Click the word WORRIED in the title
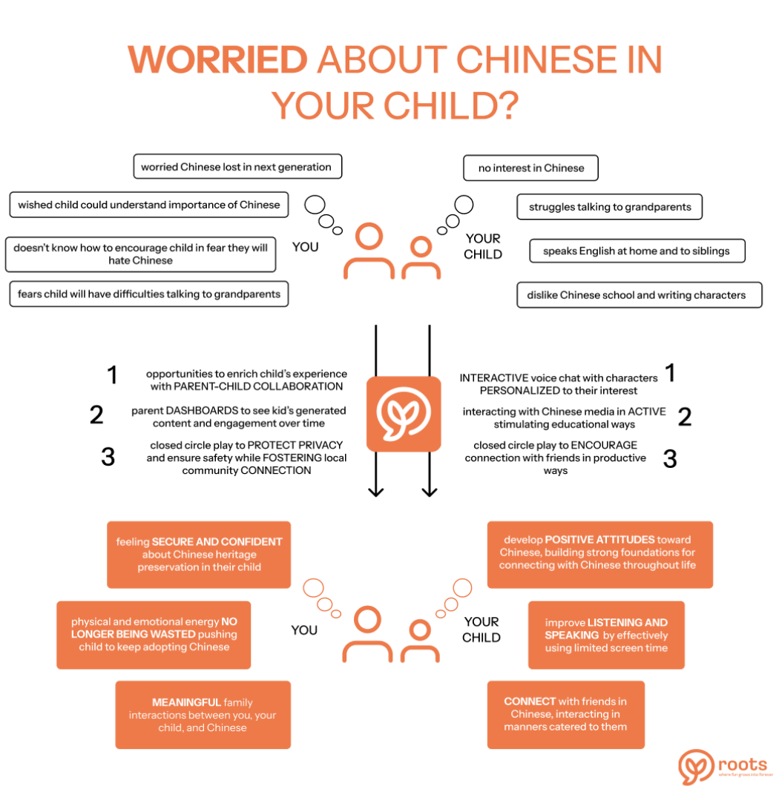[x=217, y=59]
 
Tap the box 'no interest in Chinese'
[x=530, y=168]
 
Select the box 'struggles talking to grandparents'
[x=609, y=207]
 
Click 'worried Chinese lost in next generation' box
[x=236, y=167]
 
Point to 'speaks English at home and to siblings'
[x=637, y=251]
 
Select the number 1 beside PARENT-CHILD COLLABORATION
[x=112, y=375]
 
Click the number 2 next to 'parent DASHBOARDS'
[x=96, y=415]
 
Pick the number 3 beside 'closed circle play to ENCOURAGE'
[x=670, y=458]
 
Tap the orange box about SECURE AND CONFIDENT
[x=199, y=555]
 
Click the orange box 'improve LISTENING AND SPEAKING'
[x=605, y=636]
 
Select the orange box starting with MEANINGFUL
[x=203, y=715]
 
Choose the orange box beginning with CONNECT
[x=565, y=714]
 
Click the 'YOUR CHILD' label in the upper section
[x=483, y=246]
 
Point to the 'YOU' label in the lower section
[x=304, y=630]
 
